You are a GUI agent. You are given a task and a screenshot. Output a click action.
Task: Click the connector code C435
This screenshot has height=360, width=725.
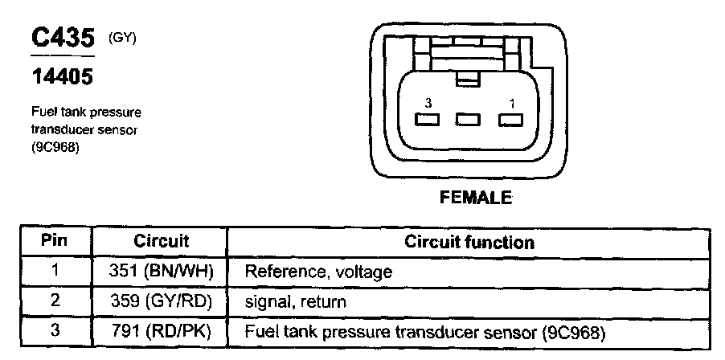pyautogui.click(x=62, y=38)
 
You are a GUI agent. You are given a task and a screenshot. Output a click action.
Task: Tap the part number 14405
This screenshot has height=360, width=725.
pyautogui.click(x=61, y=79)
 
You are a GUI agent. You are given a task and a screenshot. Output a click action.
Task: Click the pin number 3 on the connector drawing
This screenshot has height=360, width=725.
pyautogui.click(x=428, y=104)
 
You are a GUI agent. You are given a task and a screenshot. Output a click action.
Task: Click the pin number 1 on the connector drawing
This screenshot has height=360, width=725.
pyautogui.click(x=510, y=104)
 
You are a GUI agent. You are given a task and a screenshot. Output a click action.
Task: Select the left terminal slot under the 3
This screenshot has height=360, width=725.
pyautogui.click(x=426, y=121)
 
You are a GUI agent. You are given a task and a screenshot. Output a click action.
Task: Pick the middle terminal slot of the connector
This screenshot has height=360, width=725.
pyautogui.click(x=467, y=121)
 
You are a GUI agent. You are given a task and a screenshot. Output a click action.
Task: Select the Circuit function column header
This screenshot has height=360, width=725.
pyautogui.click(x=469, y=242)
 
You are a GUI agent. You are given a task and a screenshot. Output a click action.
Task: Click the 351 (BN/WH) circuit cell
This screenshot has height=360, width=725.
pyautogui.click(x=161, y=272)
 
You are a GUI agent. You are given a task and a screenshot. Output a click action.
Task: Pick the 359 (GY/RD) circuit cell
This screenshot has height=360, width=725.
pyautogui.click(x=161, y=302)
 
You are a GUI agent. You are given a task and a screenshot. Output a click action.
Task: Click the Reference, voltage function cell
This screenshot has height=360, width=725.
pyautogui.click(x=318, y=272)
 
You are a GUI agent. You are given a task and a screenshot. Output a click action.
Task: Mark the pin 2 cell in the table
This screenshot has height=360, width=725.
pyautogui.click(x=55, y=302)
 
